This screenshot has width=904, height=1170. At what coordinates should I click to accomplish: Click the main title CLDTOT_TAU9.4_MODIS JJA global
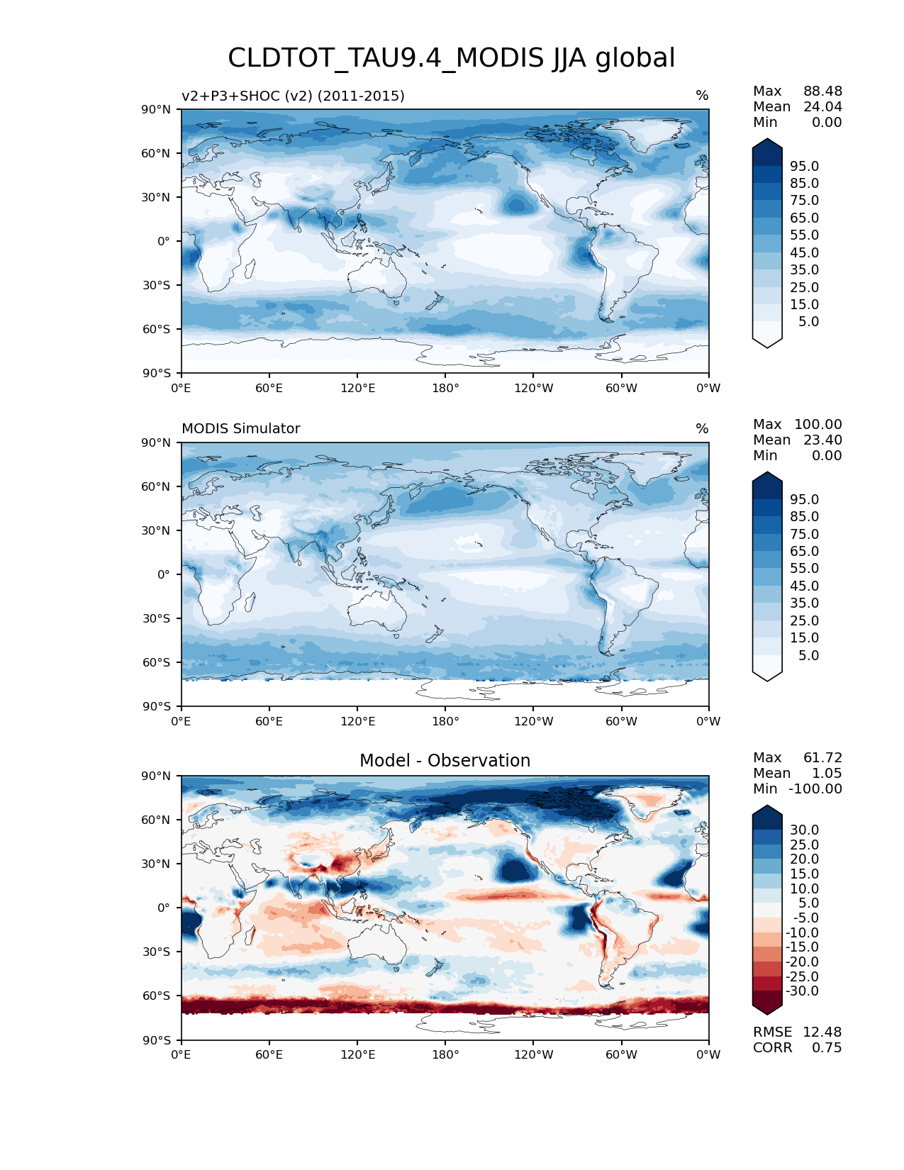tap(451, 58)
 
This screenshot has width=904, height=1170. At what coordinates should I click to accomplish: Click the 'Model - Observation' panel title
tap(445, 761)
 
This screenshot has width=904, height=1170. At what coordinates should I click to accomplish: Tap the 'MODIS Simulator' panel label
tap(240, 429)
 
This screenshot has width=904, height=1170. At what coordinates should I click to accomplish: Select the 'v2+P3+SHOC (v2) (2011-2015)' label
tap(293, 96)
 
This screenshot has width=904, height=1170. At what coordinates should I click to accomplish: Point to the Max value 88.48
tap(822, 91)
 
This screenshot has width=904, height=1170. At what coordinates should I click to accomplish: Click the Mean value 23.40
tap(822, 440)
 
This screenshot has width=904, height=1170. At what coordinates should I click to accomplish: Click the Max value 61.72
tap(822, 758)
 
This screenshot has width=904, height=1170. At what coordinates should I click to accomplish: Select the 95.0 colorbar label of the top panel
tap(805, 167)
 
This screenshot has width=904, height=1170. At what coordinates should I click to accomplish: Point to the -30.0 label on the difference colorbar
tap(802, 991)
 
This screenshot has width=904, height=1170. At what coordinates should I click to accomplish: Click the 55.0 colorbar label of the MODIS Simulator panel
tap(805, 569)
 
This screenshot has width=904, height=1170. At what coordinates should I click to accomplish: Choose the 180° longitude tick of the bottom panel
tap(445, 1055)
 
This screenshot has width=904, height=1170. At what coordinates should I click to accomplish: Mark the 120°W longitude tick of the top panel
tap(534, 389)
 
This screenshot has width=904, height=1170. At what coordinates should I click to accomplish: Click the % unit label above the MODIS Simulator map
tap(702, 429)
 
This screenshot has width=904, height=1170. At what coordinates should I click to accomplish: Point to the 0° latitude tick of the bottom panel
tap(164, 908)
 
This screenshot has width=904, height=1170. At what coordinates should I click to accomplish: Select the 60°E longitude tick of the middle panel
tap(269, 722)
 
